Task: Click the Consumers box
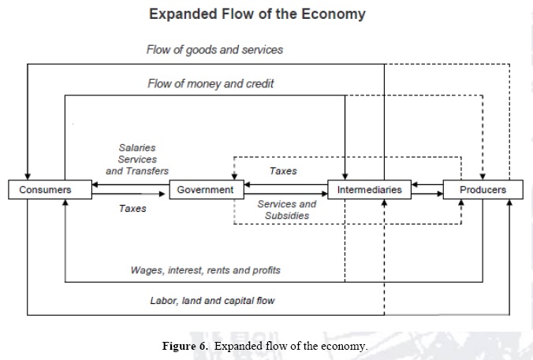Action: click(x=45, y=190)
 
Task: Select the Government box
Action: click(x=205, y=190)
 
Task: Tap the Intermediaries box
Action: click(x=369, y=190)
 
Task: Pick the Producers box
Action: click(x=483, y=190)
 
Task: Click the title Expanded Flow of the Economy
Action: click(x=257, y=14)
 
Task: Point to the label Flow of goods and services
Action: click(x=214, y=50)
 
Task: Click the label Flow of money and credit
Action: click(x=211, y=84)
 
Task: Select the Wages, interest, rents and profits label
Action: click(x=205, y=270)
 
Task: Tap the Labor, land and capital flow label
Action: click(x=212, y=300)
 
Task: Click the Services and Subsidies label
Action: click(x=286, y=210)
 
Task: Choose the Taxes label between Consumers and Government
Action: click(x=132, y=209)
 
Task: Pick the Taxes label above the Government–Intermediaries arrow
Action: click(x=283, y=171)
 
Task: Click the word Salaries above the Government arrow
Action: click(x=137, y=147)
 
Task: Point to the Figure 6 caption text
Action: click(x=265, y=346)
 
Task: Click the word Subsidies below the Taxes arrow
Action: click(x=287, y=215)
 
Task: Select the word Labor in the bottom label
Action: click(x=163, y=300)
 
